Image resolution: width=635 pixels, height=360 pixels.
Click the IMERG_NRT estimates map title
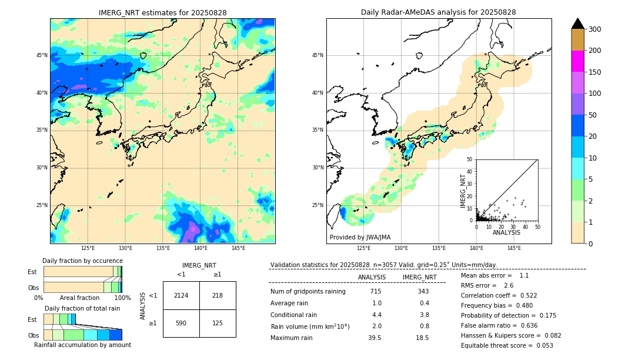(162, 12)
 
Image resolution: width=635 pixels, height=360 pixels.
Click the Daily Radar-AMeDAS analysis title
(438, 12)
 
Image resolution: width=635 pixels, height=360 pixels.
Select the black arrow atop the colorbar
(577, 24)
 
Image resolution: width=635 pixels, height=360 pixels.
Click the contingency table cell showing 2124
(181, 295)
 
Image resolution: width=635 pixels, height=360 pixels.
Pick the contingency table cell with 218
(218, 295)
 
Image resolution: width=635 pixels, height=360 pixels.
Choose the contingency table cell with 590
(181, 323)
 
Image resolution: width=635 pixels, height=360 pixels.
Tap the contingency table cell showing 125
(218, 323)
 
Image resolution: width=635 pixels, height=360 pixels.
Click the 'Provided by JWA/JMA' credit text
(360, 237)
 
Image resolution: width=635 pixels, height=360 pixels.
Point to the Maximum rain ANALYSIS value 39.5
(375, 338)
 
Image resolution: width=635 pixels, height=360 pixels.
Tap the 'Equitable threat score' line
(507, 345)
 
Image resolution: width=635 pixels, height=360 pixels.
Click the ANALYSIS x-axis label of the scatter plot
(506, 233)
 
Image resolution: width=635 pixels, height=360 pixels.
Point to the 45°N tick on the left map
(42, 55)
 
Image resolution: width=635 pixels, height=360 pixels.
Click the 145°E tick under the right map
(514, 248)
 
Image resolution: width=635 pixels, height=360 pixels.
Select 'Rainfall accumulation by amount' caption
(83, 345)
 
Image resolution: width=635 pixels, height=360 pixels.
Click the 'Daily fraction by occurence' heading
(82, 261)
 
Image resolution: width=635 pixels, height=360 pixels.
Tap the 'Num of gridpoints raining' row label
(308, 291)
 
